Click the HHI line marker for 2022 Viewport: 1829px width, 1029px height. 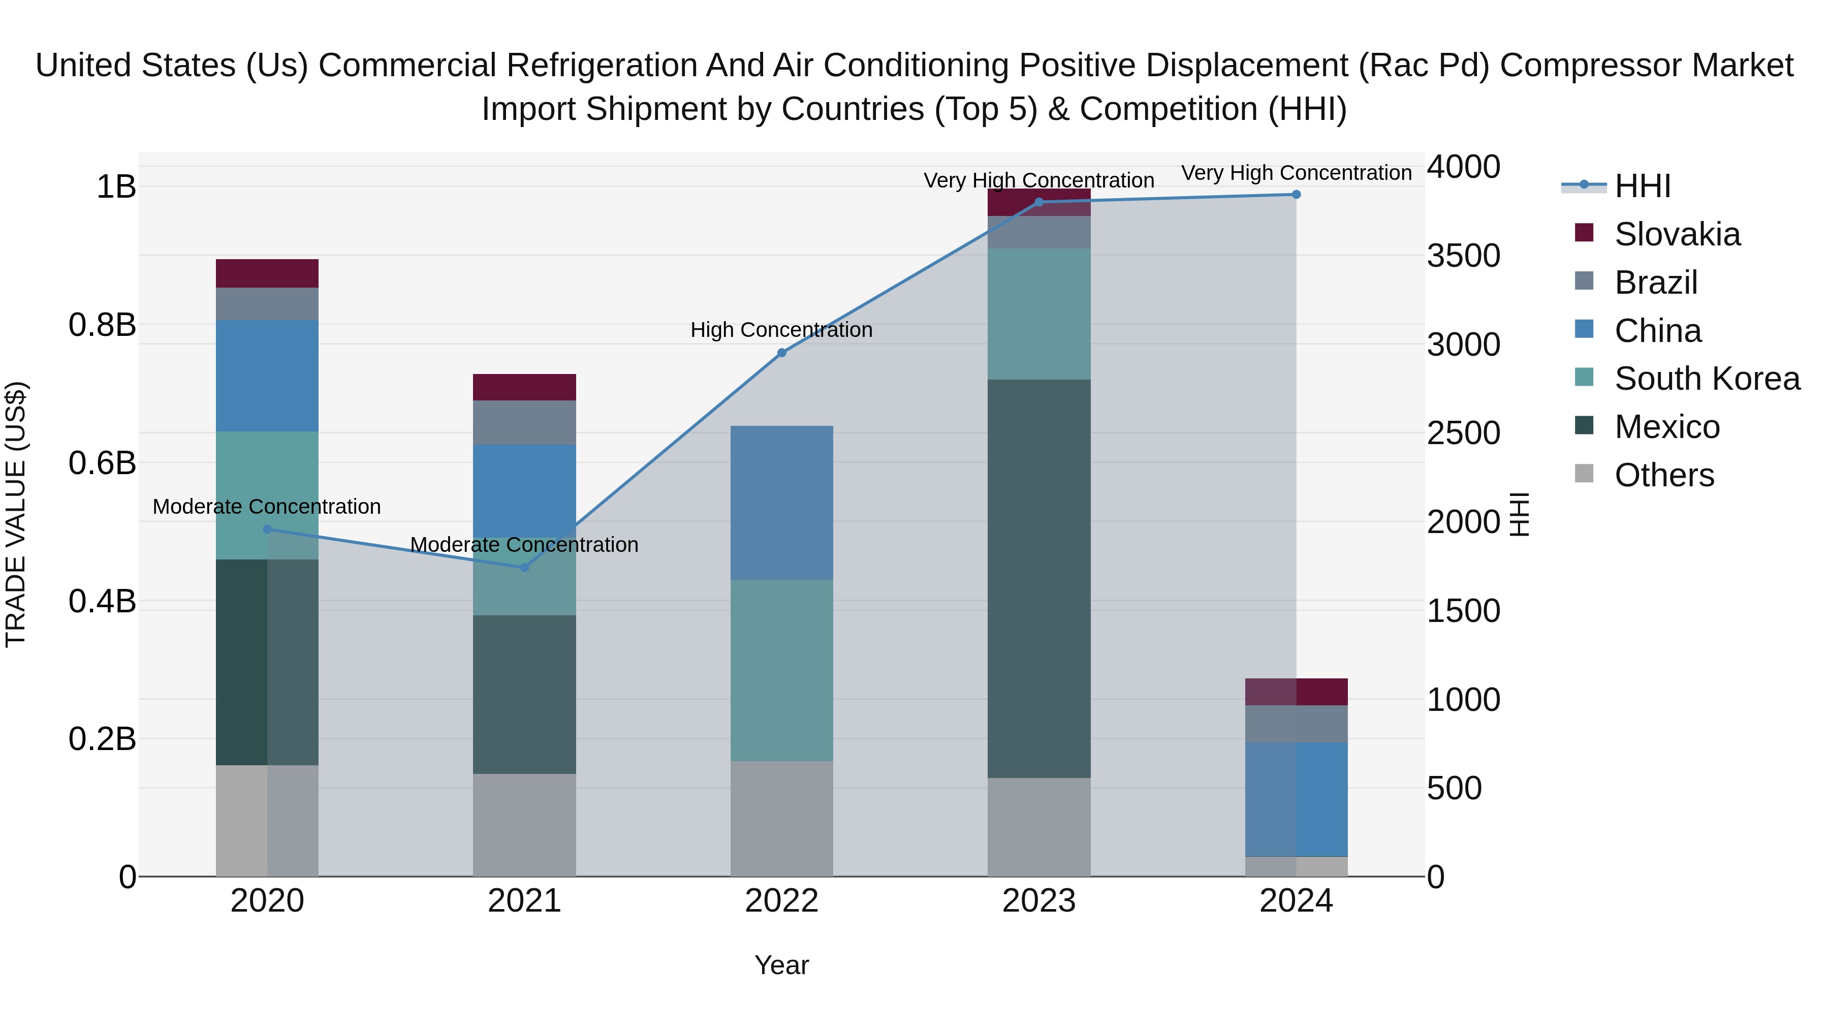(782, 353)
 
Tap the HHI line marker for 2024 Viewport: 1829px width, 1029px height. (1296, 195)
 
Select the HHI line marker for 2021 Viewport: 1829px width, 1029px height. (525, 568)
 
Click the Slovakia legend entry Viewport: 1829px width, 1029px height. (1677, 234)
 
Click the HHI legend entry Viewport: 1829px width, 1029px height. (1642, 186)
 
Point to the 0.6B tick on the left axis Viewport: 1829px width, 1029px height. (102, 463)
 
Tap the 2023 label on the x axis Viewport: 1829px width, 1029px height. (1039, 901)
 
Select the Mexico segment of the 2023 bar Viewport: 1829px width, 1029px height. (1039, 578)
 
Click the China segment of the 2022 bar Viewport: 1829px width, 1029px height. (782, 503)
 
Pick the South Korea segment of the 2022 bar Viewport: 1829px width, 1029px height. (782, 670)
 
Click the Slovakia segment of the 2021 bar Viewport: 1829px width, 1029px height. (525, 387)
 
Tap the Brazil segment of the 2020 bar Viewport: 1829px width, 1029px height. (267, 304)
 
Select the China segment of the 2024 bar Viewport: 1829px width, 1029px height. (1296, 799)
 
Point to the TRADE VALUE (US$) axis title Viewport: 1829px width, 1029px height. (16, 514)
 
